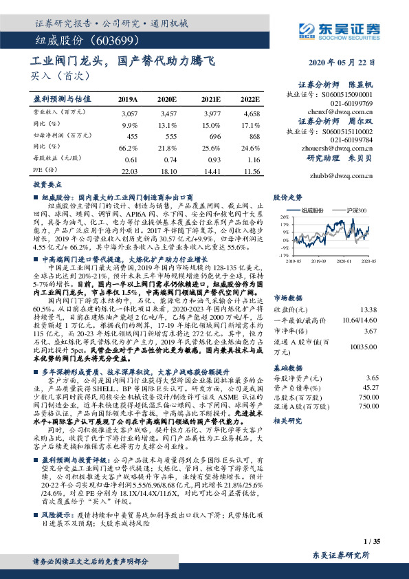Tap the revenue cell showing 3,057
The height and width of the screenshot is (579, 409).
pos(129,111)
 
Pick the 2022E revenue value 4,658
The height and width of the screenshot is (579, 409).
pos(252,111)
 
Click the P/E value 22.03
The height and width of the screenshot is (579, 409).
pos(129,170)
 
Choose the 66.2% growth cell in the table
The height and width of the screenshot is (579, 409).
pos(129,147)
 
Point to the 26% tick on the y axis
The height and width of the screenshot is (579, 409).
pos(285,217)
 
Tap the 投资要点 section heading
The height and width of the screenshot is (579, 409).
pos(45,185)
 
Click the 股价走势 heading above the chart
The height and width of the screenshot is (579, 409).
pos(287,197)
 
